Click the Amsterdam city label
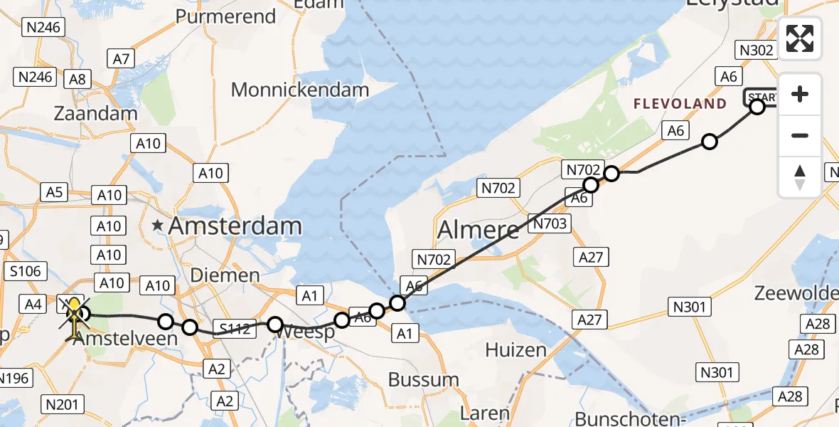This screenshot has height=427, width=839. click(x=235, y=226)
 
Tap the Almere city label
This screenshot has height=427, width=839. click(x=479, y=230)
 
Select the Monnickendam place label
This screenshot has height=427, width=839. click(x=300, y=90)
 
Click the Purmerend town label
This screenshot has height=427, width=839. click(x=225, y=16)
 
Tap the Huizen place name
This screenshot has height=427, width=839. click(x=515, y=349)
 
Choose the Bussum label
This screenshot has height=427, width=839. click(x=424, y=379)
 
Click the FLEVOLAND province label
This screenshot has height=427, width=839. click(x=680, y=105)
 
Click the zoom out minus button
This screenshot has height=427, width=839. click(x=800, y=135)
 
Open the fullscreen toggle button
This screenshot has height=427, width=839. click(x=800, y=38)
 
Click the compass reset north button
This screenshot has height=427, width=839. click(x=800, y=176)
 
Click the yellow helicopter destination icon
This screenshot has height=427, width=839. click(x=74, y=313)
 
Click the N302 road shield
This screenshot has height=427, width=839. click(x=756, y=50)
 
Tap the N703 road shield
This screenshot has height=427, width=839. click(x=550, y=224)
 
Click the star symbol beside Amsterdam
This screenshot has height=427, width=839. click(x=158, y=226)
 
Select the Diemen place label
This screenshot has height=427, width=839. click(x=235, y=275)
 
